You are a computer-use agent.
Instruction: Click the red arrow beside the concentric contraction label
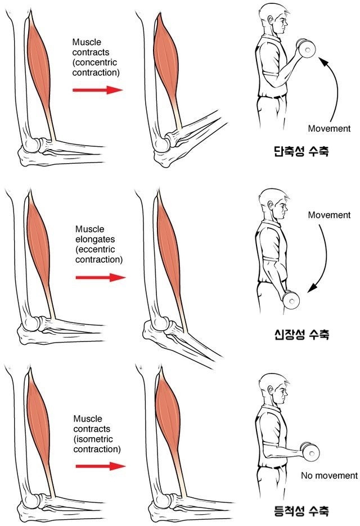tap(97, 90)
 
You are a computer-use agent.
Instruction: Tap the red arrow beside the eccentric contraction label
tap(100, 277)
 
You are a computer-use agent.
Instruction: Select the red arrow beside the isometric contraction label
tap(100, 466)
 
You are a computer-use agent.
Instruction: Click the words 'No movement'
tap(329, 475)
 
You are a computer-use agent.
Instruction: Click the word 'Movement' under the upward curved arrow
tap(329, 128)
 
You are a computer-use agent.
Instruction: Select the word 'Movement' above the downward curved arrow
tap(329, 215)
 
